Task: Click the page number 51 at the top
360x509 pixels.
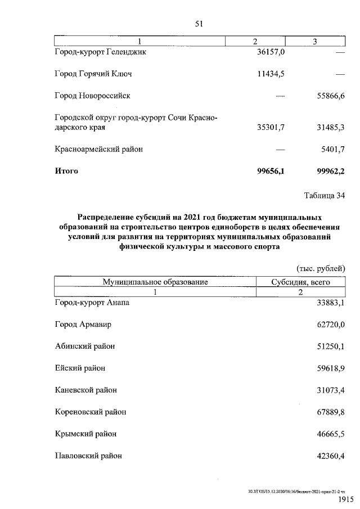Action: pos(198,24)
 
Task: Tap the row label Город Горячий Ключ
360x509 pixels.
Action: pos(93,74)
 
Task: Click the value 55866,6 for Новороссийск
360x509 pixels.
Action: pos(331,96)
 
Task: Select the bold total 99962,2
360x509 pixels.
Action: pos(330,171)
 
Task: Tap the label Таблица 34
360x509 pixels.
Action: pos(324,196)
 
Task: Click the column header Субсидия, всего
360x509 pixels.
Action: pos(300,282)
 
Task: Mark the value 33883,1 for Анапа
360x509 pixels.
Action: pos(331,303)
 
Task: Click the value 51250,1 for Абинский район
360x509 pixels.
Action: pos(331,346)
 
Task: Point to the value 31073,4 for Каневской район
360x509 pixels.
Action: pos(331,390)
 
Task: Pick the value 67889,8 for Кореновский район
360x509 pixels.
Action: pos(331,412)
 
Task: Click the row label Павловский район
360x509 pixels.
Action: pos(88,456)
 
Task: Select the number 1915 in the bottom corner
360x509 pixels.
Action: pos(345,499)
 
